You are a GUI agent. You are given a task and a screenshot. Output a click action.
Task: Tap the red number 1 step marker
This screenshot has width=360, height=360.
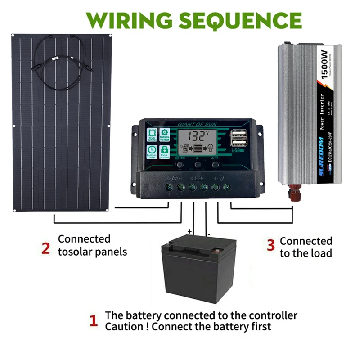coord(94,321)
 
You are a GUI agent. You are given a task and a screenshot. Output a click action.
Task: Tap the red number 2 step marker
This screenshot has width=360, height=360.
coord(46,248)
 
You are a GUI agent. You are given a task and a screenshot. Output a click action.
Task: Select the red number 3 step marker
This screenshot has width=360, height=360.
coord(270,245)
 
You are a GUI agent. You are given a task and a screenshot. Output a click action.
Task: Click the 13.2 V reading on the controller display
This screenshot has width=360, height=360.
coord(198,135)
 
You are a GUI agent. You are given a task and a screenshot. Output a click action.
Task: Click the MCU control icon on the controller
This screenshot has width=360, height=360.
coord(151,135)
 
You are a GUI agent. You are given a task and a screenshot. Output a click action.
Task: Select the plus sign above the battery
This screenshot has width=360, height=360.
coord(190,232)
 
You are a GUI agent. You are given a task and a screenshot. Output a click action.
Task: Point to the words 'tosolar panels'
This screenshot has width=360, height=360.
coord(93,252)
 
